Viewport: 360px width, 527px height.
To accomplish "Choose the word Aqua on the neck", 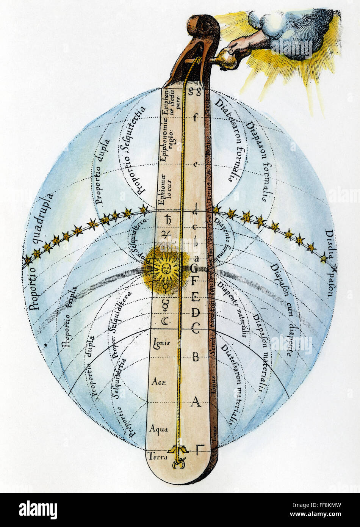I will point(158,429).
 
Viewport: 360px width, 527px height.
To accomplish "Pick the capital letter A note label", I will point(196,401).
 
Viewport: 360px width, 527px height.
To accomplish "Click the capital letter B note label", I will point(196,357).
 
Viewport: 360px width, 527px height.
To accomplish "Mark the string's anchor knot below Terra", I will point(177,463).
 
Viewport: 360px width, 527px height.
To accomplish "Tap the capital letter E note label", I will point(196,296).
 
